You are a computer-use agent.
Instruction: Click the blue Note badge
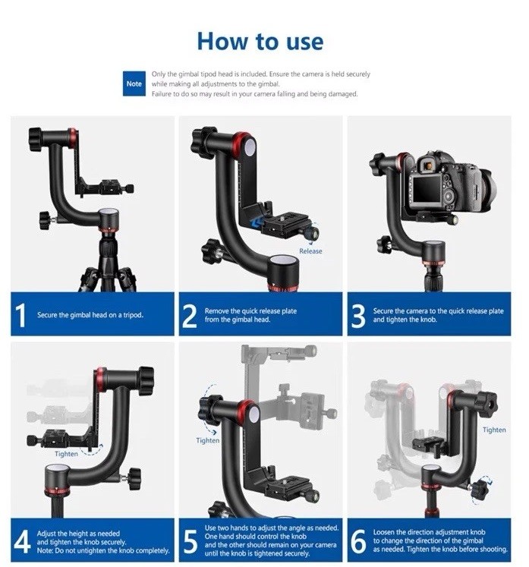click(134, 83)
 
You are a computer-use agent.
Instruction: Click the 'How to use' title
click(260, 41)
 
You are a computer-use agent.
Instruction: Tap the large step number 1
click(21, 315)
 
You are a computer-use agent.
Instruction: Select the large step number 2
click(189, 316)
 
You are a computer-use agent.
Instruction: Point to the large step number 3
click(358, 316)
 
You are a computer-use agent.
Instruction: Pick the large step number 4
click(22, 541)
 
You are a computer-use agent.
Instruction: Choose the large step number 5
click(191, 542)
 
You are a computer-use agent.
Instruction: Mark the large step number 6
click(359, 541)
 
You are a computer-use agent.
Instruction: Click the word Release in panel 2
click(310, 251)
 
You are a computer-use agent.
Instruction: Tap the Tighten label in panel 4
click(66, 454)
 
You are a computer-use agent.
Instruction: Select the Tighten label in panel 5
click(207, 440)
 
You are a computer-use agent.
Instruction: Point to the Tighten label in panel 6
click(494, 430)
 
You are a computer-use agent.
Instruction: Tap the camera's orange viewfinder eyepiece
click(428, 166)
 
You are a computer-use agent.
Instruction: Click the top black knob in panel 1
click(36, 139)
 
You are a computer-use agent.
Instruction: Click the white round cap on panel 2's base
click(284, 260)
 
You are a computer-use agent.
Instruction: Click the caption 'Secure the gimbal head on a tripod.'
click(90, 315)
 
